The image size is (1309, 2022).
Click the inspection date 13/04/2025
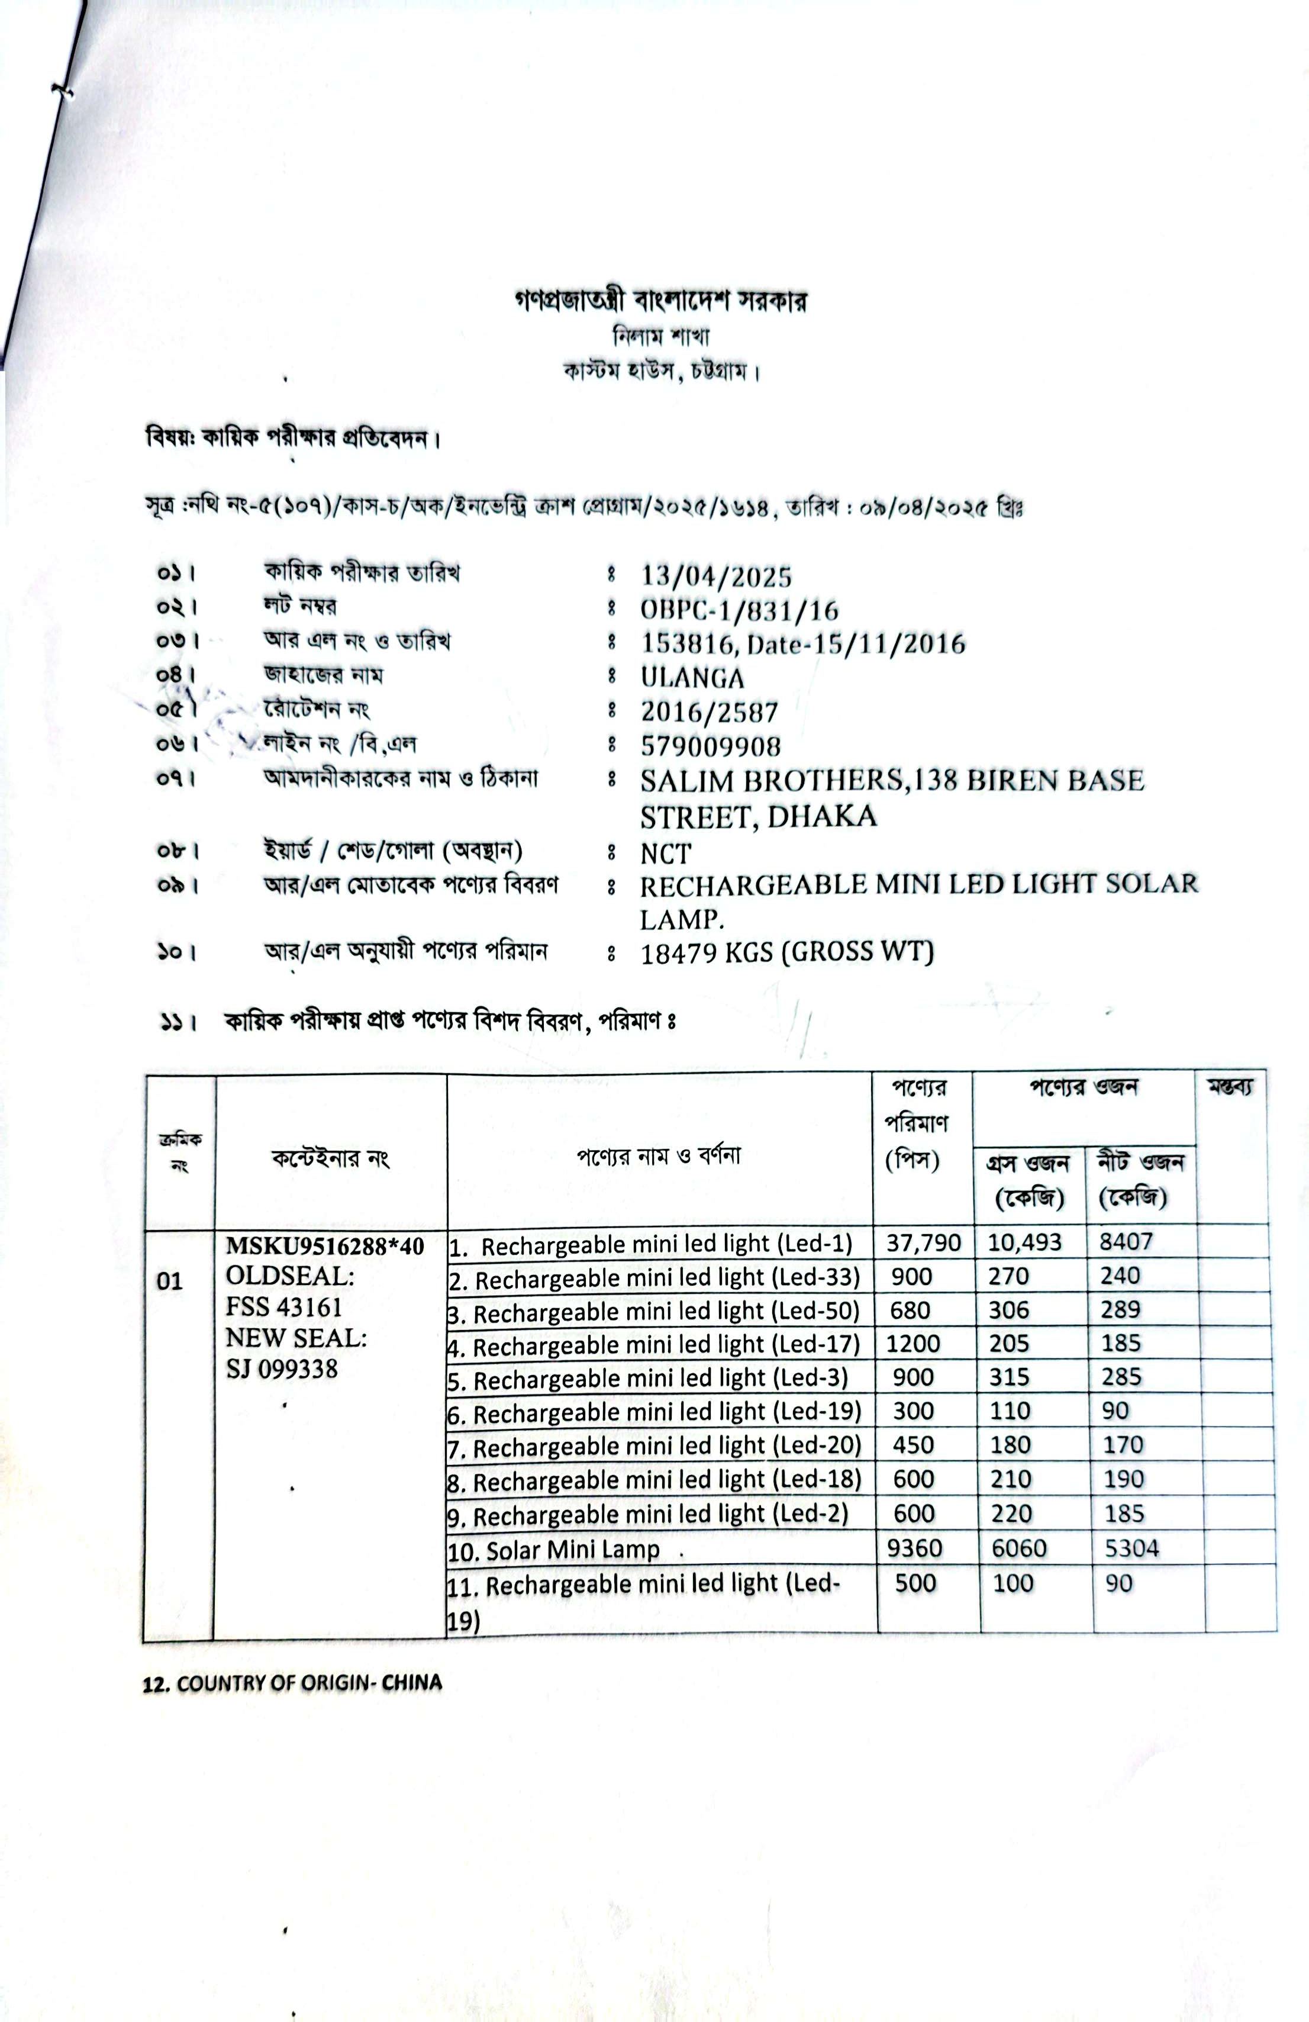(715, 577)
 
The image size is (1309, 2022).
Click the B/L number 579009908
(710, 746)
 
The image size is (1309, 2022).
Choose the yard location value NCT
(665, 852)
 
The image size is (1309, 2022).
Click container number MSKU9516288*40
(324, 1245)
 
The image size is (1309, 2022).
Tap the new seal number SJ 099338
(281, 1369)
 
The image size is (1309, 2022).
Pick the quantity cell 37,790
(923, 1244)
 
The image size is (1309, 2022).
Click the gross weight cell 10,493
(1024, 1243)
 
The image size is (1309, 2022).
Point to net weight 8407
(1126, 1242)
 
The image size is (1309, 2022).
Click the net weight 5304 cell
(1131, 1548)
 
